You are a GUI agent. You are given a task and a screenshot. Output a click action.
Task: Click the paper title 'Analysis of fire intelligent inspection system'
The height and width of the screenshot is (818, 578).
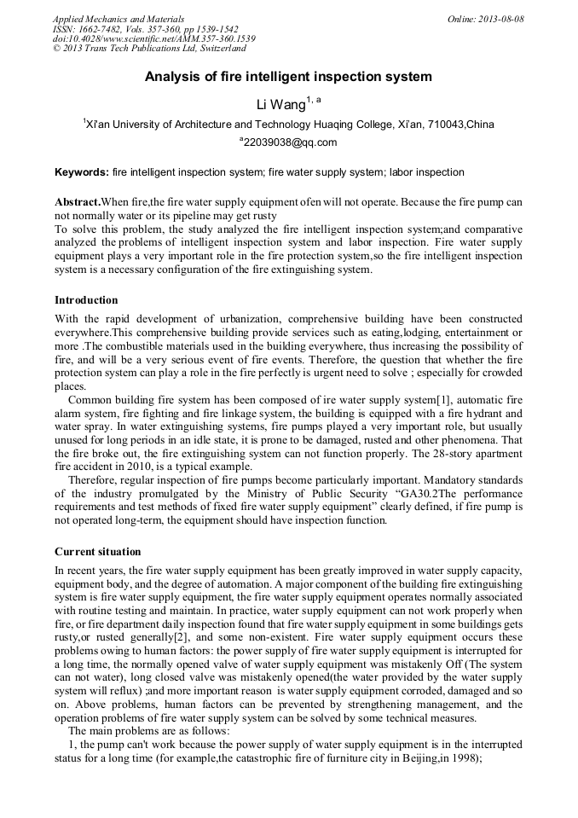288,77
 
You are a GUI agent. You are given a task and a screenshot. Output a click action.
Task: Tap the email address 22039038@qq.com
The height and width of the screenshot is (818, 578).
290,142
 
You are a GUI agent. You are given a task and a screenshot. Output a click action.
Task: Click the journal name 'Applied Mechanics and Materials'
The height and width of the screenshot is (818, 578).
118,19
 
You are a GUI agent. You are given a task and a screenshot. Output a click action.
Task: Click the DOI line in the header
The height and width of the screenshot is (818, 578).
153,39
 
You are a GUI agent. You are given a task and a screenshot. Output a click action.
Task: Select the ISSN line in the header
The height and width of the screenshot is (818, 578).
145,29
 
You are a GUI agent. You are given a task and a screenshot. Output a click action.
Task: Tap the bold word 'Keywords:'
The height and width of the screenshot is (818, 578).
82,172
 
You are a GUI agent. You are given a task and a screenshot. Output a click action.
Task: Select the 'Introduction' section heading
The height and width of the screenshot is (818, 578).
86,300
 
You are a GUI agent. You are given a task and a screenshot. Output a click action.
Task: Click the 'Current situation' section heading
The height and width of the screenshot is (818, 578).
98,552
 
